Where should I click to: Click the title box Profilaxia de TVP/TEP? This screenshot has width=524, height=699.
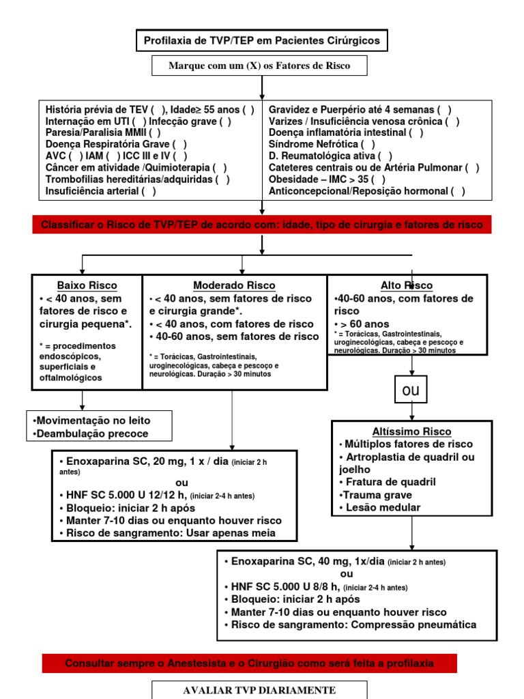pos(262,41)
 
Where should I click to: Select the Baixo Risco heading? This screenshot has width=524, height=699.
pos(87,285)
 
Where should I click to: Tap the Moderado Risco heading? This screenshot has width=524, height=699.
pos(234,285)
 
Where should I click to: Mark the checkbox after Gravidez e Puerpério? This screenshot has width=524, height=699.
pos(444,109)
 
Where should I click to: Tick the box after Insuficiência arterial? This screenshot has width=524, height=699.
pos(149,191)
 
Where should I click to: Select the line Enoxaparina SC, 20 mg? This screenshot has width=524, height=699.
pos(147,461)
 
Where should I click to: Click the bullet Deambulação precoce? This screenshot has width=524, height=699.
pos(89,433)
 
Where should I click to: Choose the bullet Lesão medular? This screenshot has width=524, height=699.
pos(379,507)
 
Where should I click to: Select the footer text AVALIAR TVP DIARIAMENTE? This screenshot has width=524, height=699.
pos(259,689)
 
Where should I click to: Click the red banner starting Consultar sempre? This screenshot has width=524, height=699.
pos(250,663)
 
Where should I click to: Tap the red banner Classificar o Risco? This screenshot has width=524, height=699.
pos(262,225)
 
